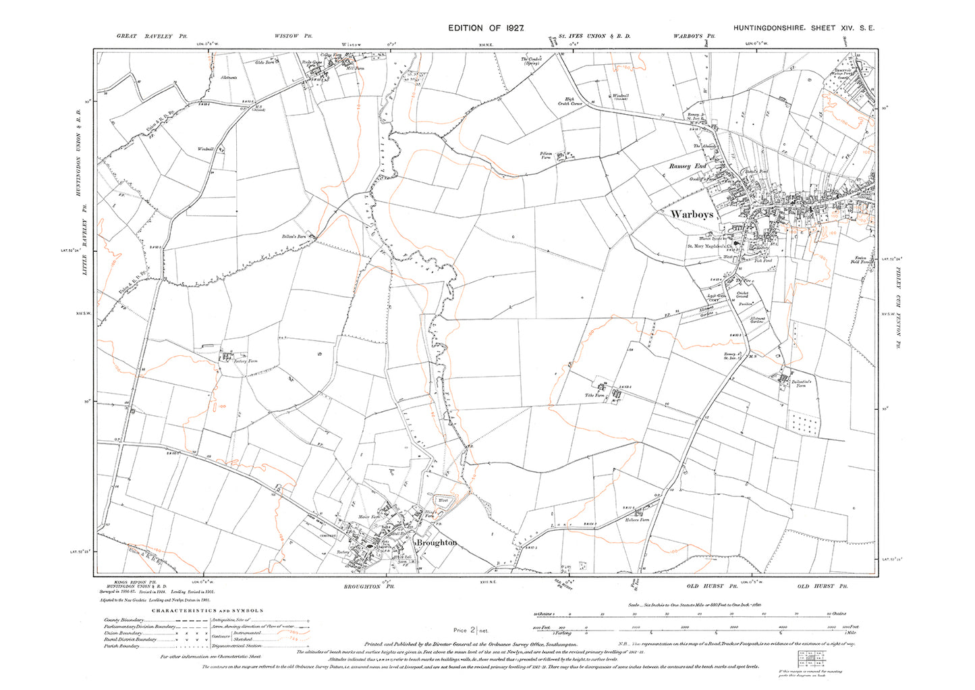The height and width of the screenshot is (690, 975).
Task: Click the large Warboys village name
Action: coord(692,215)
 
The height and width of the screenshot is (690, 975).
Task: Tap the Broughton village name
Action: coord(437,542)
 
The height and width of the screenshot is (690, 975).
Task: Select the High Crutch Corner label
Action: coord(570,101)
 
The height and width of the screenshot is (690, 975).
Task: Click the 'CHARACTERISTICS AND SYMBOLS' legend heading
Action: coord(207,611)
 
